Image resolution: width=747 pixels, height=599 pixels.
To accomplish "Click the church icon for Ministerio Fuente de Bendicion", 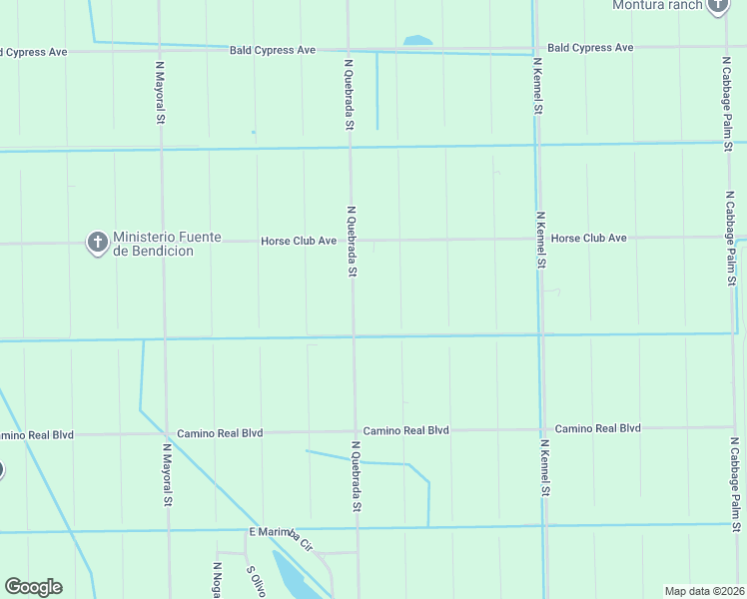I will coord(97,243).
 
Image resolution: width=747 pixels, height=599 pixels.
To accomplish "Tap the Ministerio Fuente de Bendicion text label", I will coord(153,244).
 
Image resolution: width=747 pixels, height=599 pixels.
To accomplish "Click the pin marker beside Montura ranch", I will coord(717,6).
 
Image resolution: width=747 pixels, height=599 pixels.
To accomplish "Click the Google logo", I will coord(33,587).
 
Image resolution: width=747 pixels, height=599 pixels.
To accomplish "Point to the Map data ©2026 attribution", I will coord(704,590).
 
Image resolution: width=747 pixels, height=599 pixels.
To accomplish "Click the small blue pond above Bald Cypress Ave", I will coord(418,41).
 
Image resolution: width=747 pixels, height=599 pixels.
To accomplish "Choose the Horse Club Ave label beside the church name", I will coord(299,241).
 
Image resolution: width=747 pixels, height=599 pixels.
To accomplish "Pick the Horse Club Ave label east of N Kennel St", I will coord(588,238).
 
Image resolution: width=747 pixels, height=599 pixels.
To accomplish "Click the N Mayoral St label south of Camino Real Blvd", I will coord(167,475).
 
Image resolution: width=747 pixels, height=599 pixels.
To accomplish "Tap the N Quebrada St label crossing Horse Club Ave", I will coord(352,242).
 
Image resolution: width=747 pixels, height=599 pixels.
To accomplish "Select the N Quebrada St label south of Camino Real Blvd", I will coord(355,477).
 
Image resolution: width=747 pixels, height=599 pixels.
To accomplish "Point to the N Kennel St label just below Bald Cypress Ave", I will coord(537,86).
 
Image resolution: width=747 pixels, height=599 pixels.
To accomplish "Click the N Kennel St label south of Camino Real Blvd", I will coord(545,468).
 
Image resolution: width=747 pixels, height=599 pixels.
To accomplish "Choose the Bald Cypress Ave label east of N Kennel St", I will coord(590,47).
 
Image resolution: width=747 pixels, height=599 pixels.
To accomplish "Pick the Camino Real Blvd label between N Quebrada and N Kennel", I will coord(405,430).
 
